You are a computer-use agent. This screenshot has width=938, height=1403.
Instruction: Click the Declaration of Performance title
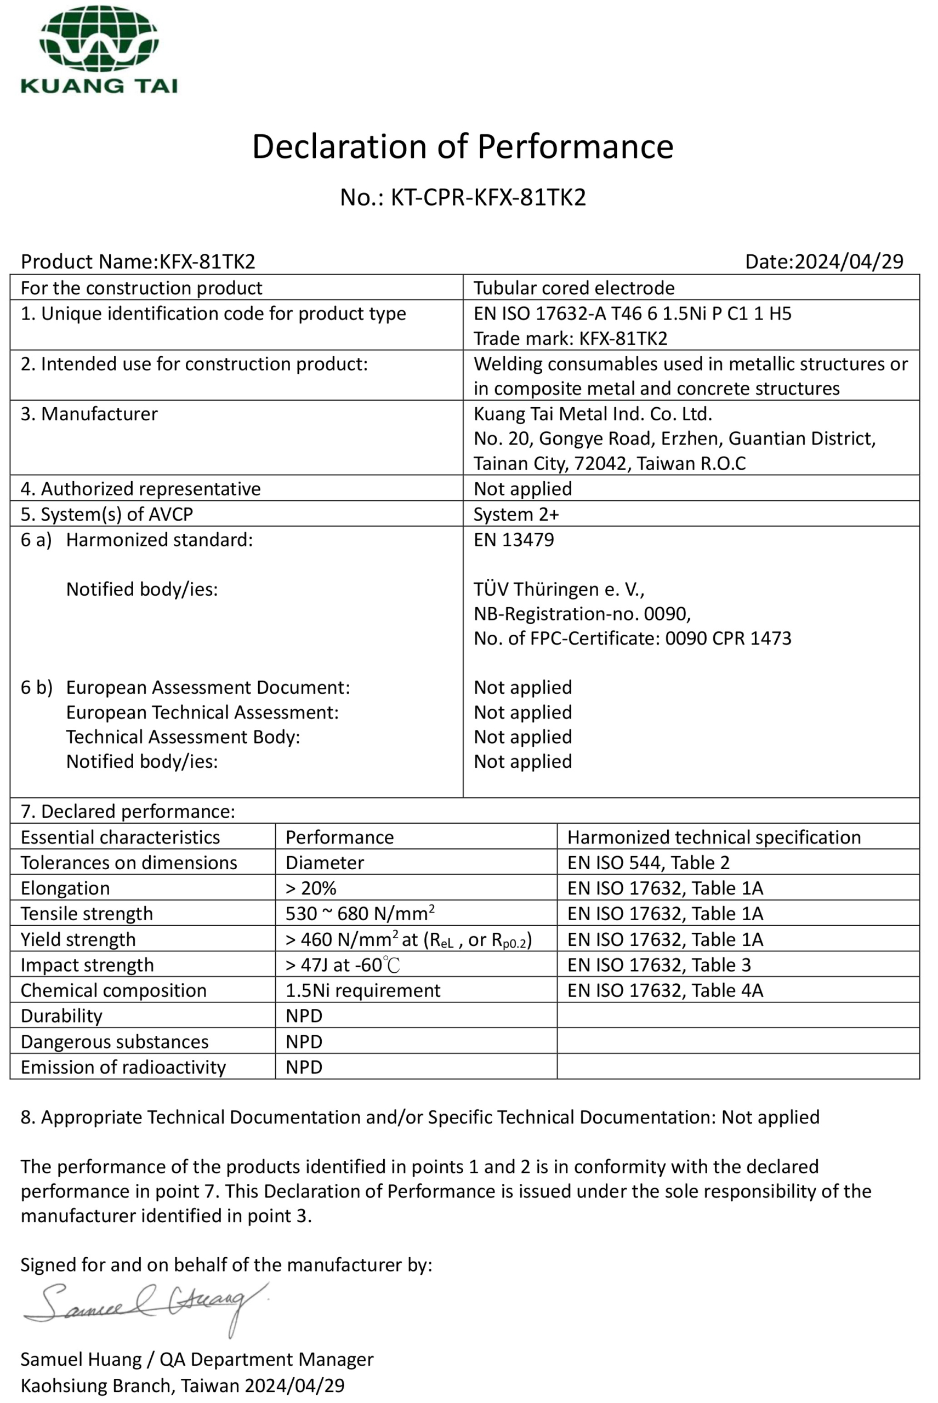[462, 146]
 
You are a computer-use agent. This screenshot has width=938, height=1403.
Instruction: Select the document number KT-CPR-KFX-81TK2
[487, 197]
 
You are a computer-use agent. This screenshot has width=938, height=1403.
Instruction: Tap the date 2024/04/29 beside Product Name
[848, 261]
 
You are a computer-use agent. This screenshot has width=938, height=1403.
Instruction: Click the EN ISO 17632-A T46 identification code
[632, 313]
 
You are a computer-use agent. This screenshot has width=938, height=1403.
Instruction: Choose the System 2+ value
[516, 514]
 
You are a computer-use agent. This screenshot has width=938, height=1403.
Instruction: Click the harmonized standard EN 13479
[514, 539]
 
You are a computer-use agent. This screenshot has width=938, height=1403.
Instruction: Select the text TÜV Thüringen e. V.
[559, 589]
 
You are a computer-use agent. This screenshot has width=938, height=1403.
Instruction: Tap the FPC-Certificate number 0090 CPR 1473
[728, 638]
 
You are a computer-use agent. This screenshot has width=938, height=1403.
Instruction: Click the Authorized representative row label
[140, 489]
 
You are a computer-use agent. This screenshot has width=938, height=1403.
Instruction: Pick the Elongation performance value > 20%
[311, 888]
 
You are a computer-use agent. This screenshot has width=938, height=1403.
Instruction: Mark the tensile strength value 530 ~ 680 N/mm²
[360, 914]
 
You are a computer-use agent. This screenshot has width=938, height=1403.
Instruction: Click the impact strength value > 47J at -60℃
[343, 965]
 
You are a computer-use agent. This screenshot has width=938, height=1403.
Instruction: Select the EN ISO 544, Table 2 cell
[649, 863]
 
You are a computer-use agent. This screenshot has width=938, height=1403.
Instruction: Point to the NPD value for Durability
[304, 1016]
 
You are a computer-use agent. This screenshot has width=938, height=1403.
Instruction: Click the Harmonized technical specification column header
[714, 837]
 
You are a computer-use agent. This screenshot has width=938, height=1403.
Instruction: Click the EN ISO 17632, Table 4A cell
[665, 990]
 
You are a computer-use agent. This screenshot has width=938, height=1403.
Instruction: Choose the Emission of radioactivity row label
[123, 1067]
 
